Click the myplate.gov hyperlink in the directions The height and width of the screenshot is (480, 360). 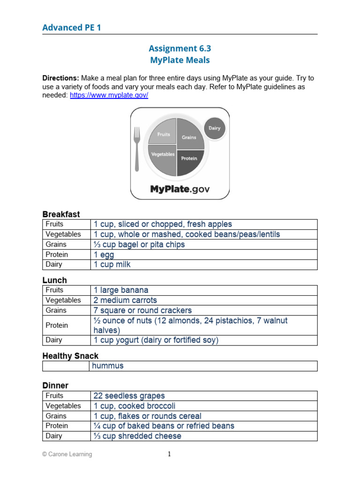pos(109,95)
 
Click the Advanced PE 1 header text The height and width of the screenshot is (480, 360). pos(71,28)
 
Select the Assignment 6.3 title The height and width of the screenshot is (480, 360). pos(180,48)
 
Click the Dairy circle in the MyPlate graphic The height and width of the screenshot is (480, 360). pos(214,128)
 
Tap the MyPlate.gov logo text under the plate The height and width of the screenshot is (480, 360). pos(180,189)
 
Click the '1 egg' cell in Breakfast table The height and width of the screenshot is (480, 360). pos(104,255)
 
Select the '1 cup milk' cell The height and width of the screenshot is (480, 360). pos(112,264)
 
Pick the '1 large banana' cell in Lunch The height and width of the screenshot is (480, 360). pos(121,290)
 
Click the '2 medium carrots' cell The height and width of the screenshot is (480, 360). pos(125,300)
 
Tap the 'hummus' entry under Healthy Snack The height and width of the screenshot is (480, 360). pos(108,366)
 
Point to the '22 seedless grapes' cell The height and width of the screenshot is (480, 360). pos(129,396)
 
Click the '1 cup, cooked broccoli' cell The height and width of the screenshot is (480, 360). pos(135,406)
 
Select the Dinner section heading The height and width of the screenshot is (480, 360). pos(55,385)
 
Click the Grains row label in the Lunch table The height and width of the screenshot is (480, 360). pos(56,310)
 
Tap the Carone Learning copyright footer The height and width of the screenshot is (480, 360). pos(67,454)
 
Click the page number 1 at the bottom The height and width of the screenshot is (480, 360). pos(170,454)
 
